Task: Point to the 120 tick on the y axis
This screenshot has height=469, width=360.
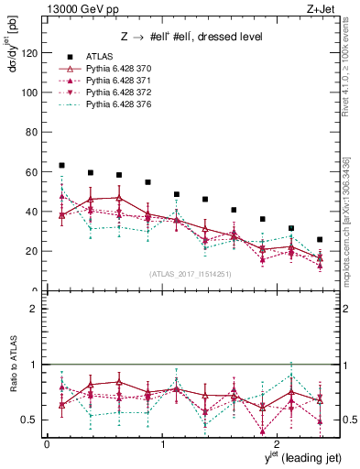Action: tap(31, 53)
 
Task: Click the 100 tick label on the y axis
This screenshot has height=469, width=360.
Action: tap(31, 93)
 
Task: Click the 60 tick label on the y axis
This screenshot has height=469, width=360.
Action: tap(34, 172)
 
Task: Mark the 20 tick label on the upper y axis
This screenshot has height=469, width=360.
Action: tap(34, 251)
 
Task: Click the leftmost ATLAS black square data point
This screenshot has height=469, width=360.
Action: tap(61, 165)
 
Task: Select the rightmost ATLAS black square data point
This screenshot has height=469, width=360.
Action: tap(319, 239)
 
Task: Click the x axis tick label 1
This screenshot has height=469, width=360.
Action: tap(162, 444)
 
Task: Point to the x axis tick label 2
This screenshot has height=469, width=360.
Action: tap(278, 444)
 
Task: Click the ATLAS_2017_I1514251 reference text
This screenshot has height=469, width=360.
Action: tap(191, 273)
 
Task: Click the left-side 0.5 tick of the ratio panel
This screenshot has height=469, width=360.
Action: tap(33, 420)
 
